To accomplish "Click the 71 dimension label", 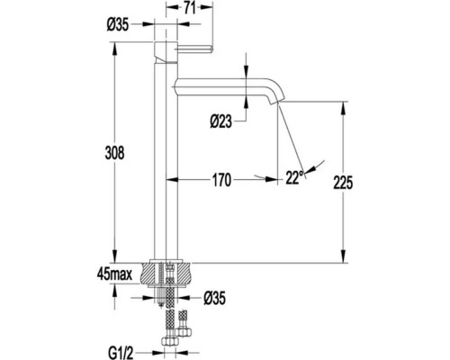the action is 190,8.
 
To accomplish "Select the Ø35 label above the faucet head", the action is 118,24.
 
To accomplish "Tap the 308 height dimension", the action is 114,153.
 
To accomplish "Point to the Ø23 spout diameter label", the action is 221,121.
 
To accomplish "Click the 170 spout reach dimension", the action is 222,180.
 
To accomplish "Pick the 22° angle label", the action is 294,177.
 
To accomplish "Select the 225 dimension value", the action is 343,183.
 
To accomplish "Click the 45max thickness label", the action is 114,274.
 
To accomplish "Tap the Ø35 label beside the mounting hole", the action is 214,298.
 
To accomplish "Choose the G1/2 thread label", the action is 121,354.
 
